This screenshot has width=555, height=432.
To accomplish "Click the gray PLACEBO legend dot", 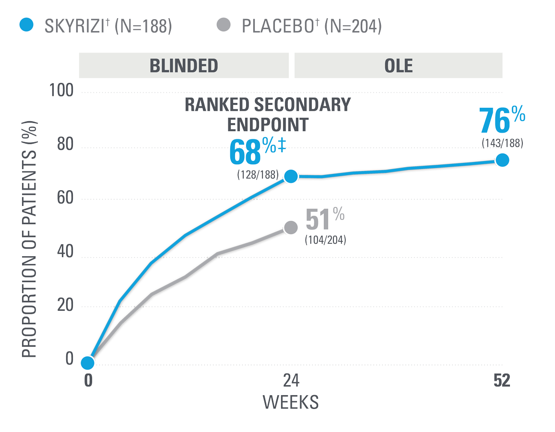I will [x=224, y=25].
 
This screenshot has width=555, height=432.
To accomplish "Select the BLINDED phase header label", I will [x=184, y=65].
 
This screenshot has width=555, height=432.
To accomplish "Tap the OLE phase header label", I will [x=398, y=65].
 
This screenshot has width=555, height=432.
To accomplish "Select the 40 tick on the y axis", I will [x=63, y=253].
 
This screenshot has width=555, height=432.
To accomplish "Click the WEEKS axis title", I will [x=291, y=402].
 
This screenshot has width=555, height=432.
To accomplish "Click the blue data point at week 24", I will [x=291, y=176].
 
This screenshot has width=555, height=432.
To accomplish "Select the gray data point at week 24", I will [x=291, y=227].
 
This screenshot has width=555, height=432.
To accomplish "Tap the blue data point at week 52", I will [x=502, y=160].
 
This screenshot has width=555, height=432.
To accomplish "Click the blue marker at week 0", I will [x=88, y=363].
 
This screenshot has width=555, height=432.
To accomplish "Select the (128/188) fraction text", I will [x=258, y=175].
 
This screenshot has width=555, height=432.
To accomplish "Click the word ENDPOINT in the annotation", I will [x=267, y=124].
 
